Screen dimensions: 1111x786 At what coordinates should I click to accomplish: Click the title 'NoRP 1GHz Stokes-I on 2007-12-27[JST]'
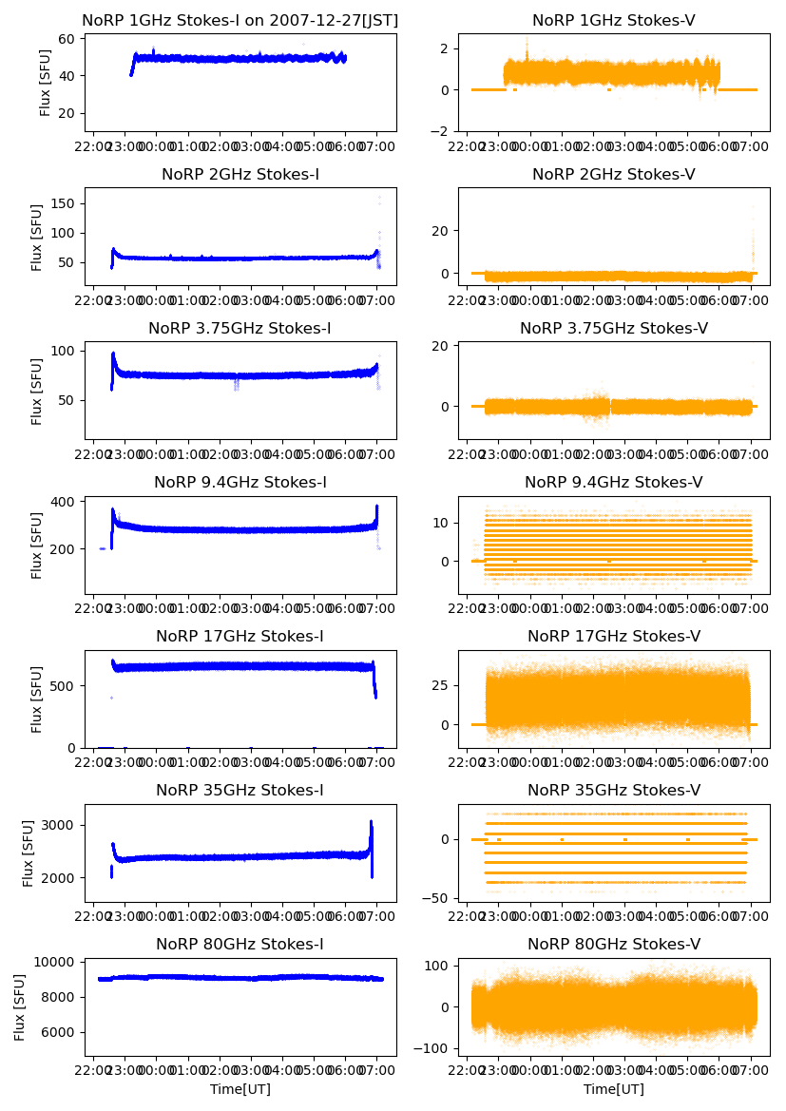240,20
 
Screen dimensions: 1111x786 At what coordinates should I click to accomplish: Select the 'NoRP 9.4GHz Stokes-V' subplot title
614,483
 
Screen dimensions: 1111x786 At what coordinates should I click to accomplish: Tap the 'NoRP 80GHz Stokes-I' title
240,945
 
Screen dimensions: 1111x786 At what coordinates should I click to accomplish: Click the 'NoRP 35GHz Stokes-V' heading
614,791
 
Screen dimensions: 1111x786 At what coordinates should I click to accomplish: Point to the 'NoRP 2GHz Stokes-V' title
614,175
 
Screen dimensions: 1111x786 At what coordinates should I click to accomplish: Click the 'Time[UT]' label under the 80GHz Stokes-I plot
240,1089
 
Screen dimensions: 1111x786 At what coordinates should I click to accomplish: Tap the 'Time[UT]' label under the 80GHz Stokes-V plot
614,1089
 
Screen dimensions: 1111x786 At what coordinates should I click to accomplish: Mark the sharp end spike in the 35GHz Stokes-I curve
371,822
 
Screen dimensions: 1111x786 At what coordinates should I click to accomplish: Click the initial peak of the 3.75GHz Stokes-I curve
113,354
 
